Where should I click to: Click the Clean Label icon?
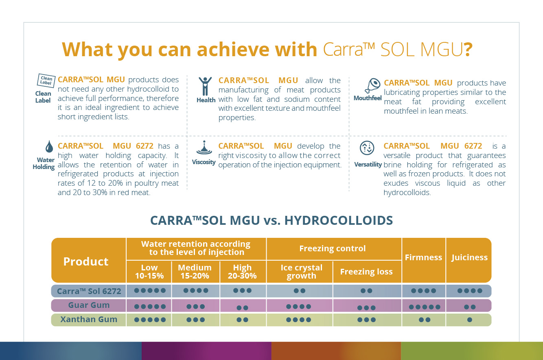pos(46,81)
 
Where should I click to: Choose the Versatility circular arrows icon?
pos(367,148)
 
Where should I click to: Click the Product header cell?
pos(86,261)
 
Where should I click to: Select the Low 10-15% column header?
pos(149,272)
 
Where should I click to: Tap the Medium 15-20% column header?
pos(195,272)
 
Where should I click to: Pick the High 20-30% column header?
pos(242,272)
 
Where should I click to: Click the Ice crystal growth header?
pos(301,272)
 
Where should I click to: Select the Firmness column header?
pos(423,257)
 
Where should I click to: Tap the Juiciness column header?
pos(469,257)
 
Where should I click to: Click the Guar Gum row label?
pos(89,305)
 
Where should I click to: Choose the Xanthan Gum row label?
pos(89,319)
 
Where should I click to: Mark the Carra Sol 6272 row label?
pos(89,291)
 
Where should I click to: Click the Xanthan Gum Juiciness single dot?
pos(470,320)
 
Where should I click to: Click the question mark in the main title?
pos(468,50)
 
